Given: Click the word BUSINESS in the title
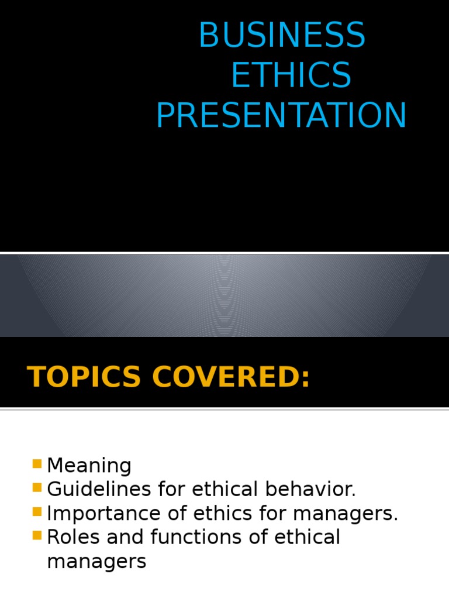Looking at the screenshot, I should point(282,35).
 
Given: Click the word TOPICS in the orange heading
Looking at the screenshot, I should point(84,376).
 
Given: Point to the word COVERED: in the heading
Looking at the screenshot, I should point(230,376).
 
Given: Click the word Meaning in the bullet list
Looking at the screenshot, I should point(89,466).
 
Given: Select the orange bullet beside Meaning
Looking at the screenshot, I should point(37,464).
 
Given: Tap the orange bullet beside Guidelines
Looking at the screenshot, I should point(37,488).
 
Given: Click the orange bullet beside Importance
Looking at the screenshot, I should point(37,512).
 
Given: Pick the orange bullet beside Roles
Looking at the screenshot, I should point(37,535).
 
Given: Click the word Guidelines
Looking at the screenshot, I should point(95,490).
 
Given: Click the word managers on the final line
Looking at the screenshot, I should point(96,562).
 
